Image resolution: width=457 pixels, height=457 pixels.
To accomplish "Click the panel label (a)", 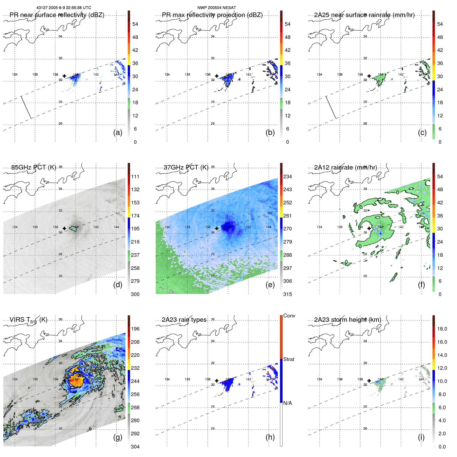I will (118, 132).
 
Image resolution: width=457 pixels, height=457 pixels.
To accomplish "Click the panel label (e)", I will (270, 285).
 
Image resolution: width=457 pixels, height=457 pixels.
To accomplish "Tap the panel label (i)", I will (421, 437).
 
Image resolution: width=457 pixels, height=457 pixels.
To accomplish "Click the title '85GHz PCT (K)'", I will (34, 167).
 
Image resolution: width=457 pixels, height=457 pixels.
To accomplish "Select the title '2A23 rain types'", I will (184, 320).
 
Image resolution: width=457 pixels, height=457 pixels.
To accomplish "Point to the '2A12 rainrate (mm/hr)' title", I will (346, 167).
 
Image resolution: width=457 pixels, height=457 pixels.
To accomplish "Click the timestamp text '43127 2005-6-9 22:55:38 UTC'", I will (64, 8).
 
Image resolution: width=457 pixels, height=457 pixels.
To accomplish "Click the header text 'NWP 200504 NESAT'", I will (217, 8).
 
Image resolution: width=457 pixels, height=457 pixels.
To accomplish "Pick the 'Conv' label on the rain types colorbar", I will (289, 316).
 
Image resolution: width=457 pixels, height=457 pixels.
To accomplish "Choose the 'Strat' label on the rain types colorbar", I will (288, 359).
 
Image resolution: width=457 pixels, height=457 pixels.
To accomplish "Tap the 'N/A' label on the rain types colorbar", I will (287, 403).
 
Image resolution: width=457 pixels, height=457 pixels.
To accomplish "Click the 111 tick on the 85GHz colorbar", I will (135, 177).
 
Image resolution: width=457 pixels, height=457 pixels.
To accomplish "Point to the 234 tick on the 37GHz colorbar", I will (287, 177).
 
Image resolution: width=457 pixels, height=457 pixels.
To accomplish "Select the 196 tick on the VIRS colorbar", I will (135, 329).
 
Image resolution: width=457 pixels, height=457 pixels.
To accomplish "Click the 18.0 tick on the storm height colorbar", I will (442, 329).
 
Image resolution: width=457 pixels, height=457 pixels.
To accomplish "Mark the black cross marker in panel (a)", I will (64, 76).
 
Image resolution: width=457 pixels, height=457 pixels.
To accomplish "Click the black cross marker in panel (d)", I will (64, 228).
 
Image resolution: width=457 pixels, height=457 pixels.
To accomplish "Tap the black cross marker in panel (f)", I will (369, 228).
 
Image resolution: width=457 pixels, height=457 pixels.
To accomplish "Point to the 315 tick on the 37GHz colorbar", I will (287, 294).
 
